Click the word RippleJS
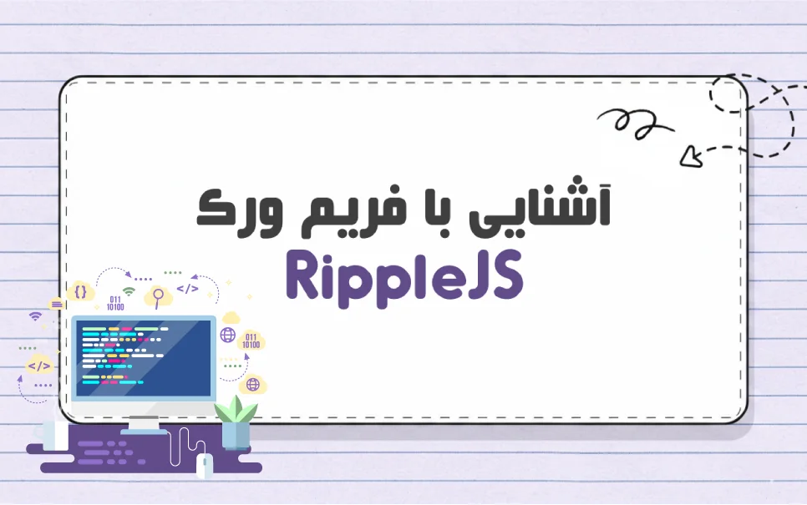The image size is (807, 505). pos(403,275)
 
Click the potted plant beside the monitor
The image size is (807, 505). pos(236,422)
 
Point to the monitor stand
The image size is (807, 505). pos(143,422)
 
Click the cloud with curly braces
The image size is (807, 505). pos(81,291)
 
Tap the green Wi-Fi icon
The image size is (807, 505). pos(129,292)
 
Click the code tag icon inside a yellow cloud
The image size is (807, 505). pos(38,366)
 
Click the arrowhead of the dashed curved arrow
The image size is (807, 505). pos(690,154)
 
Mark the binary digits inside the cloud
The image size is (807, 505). pos(251,341)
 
